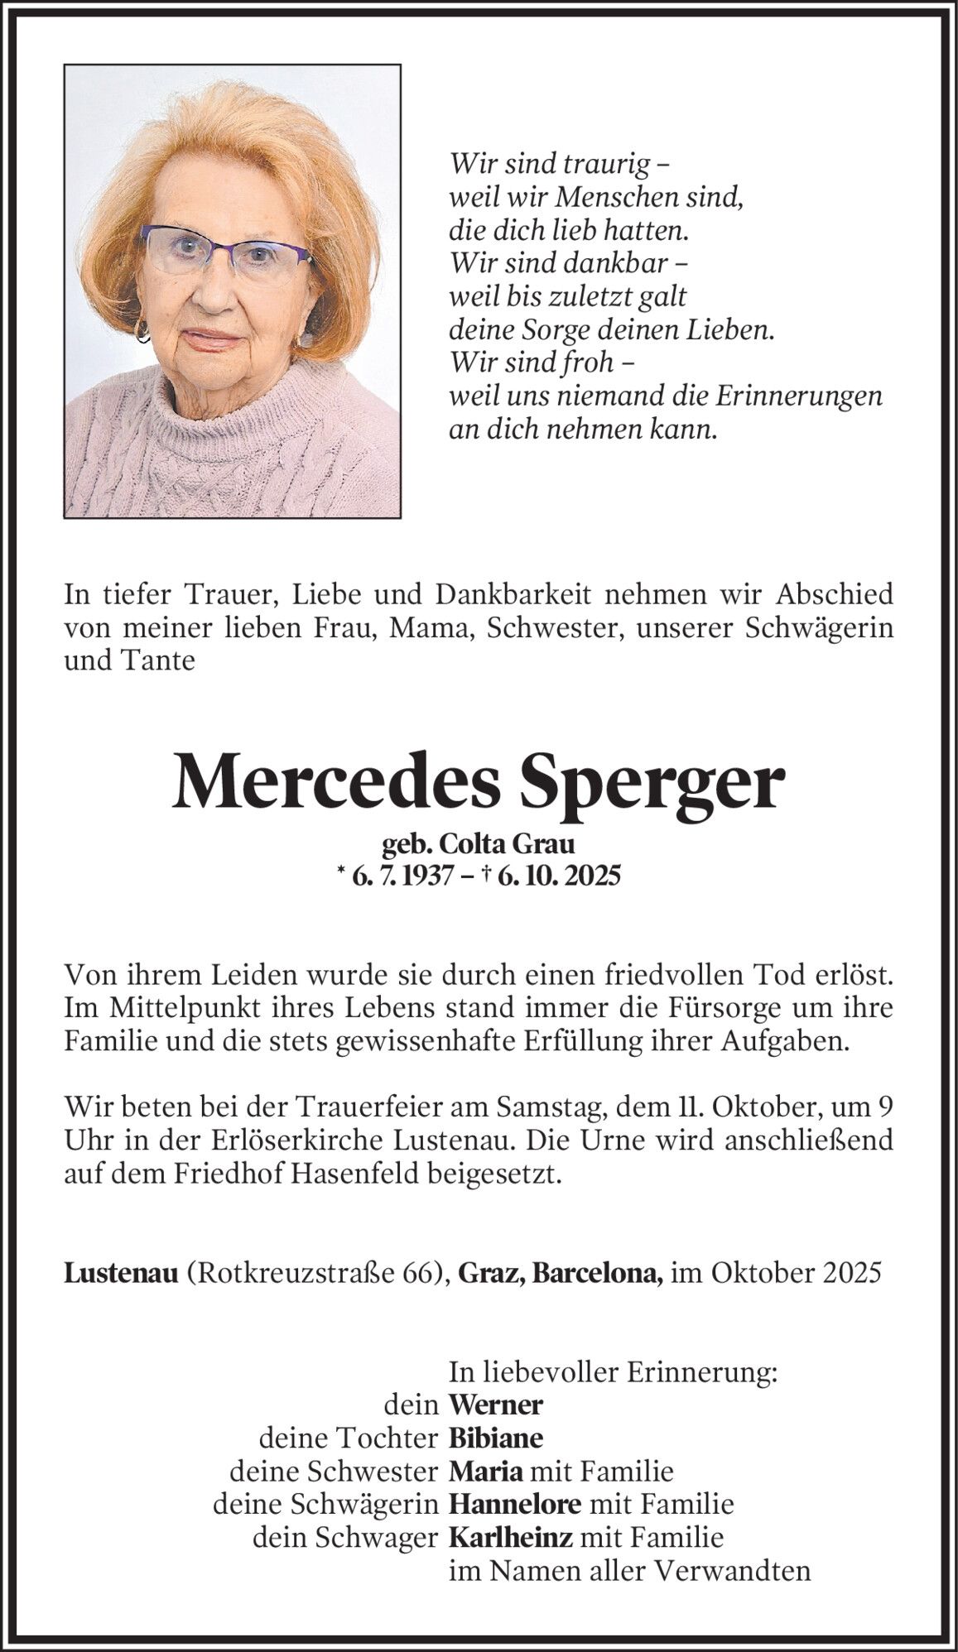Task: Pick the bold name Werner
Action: click(x=495, y=1405)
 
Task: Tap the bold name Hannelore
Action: click(x=514, y=1504)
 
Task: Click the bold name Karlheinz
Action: click(x=510, y=1537)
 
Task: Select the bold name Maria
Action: click(x=485, y=1471)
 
